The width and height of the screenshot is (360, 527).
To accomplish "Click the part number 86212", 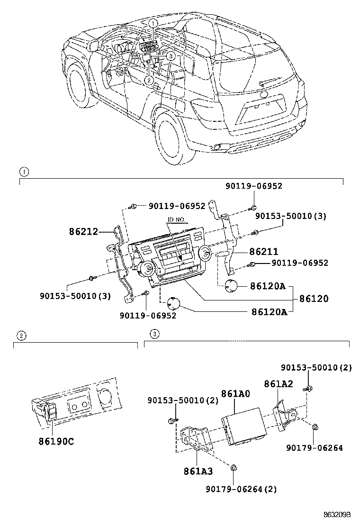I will (83, 232).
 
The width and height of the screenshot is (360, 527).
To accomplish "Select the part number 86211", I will (264, 252).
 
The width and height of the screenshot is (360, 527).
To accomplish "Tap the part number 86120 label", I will (313, 299).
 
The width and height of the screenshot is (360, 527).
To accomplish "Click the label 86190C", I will (56, 441).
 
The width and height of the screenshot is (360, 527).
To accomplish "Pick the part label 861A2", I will (278, 384).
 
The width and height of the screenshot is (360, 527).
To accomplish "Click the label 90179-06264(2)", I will (241, 489).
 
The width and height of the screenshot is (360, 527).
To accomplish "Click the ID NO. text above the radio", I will (178, 220).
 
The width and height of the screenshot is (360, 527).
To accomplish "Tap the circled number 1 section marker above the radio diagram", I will (22, 171).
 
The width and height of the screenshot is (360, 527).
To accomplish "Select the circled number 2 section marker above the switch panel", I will (21, 335).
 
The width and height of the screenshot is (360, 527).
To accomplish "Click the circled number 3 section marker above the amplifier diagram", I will (153, 335).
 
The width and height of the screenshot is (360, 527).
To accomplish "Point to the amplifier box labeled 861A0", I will (246, 425).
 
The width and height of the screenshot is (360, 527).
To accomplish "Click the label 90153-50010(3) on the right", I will (290, 216).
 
